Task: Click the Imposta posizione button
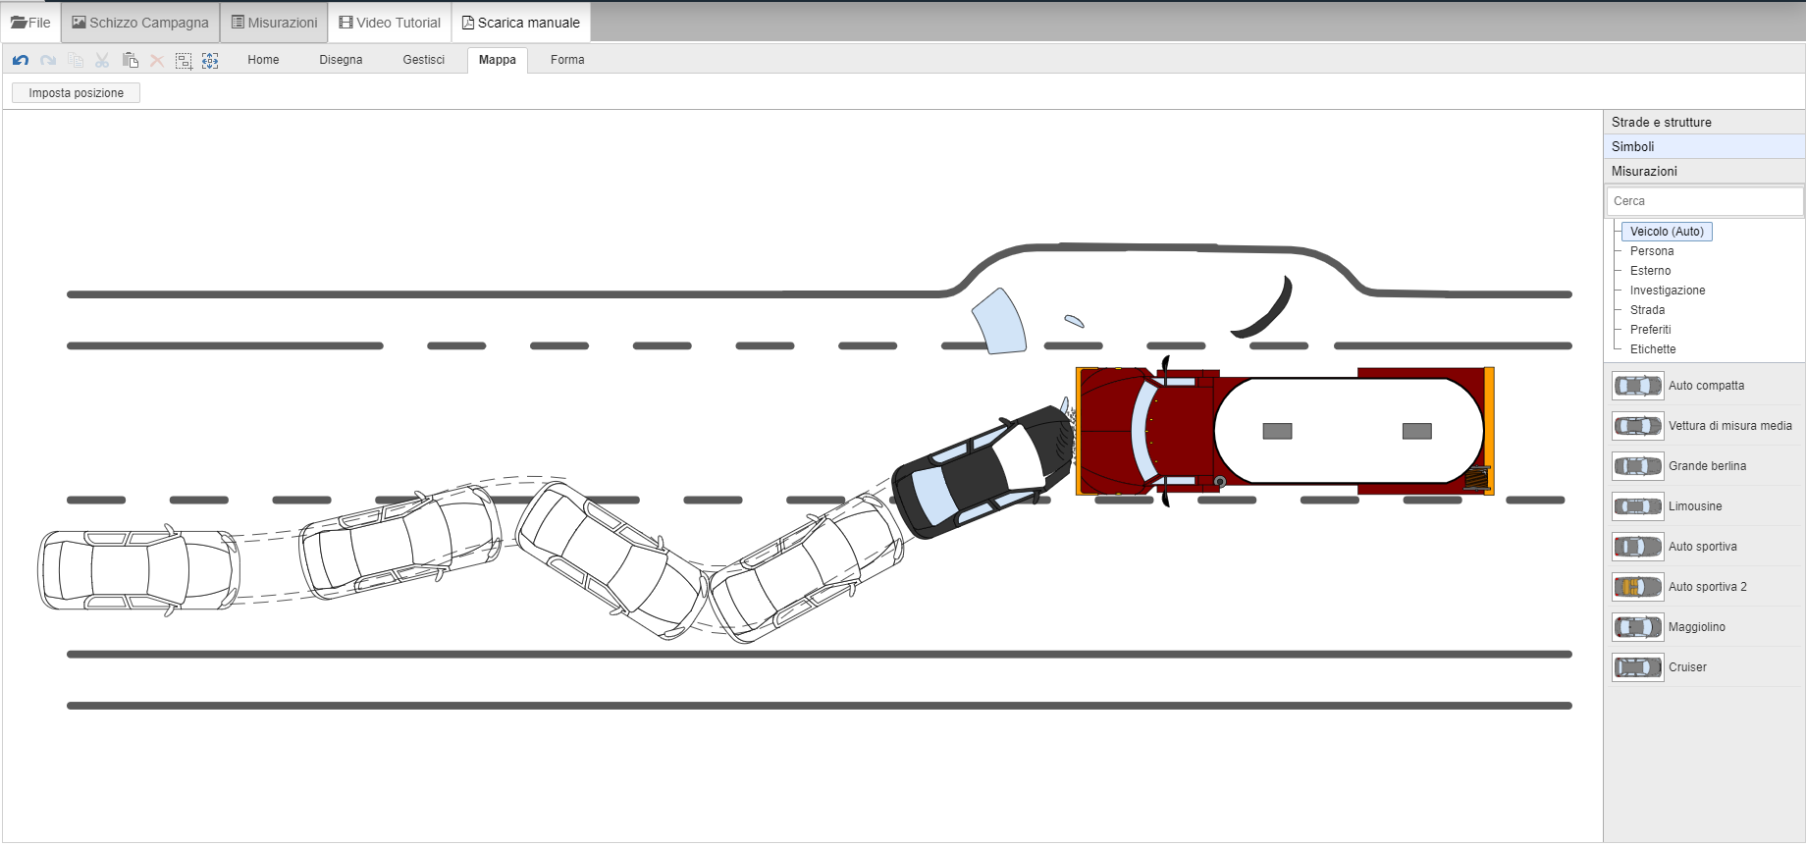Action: pyautogui.click(x=76, y=93)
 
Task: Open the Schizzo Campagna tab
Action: pyautogui.click(x=140, y=23)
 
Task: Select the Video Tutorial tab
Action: pyautogui.click(x=390, y=23)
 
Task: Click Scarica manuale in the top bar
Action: pyautogui.click(x=521, y=23)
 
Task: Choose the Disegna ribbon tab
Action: pyautogui.click(x=341, y=60)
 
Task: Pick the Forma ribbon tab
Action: pyautogui.click(x=567, y=60)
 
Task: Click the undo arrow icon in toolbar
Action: pyautogui.click(x=21, y=61)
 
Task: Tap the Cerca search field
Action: pyautogui.click(x=1704, y=201)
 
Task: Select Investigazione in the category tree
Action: pyautogui.click(x=1667, y=291)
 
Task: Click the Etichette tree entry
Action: pyautogui.click(x=1653, y=349)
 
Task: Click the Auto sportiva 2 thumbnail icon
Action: pyautogui.click(x=1637, y=587)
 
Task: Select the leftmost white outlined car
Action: pyautogui.click(x=137, y=570)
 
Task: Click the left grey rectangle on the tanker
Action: pyautogui.click(x=1277, y=431)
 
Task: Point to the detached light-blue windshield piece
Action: pyautogui.click(x=999, y=322)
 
